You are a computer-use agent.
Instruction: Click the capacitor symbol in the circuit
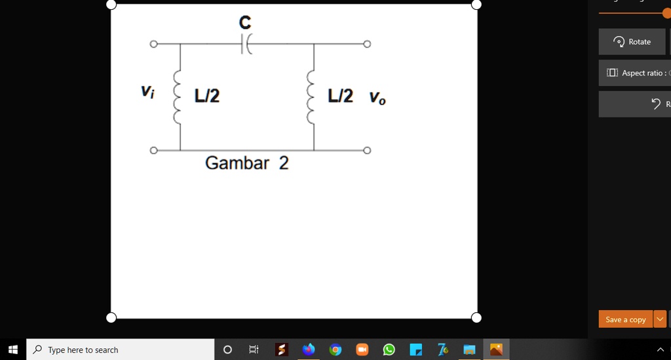click(x=246, y=44)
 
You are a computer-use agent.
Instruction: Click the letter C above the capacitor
click(x=245, y=22)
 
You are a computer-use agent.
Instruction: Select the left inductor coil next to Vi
click(x=178, y=97)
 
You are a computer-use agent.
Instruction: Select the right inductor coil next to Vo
click(x=311, y=97)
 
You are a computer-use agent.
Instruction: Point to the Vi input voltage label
click(x=147, y=92)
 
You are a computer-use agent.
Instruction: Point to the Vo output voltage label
click(x=377, y=98)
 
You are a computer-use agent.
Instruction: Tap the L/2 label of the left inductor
click(x=207, y=96)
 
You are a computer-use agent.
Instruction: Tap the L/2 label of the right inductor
click(x=341, y=96)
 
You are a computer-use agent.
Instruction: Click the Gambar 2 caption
click(x=247, y=163)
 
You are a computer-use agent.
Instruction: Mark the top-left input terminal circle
click(x=153, y=44)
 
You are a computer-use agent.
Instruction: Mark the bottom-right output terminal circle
click(x=367, y=150)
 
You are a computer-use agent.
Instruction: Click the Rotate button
click(x=632, y=41)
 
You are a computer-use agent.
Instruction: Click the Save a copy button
click(x=626, y=319)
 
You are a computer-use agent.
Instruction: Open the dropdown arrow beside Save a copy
click(x=660, y=319)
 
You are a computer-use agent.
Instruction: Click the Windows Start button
click(x=13, y=350)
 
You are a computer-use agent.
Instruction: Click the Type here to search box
click(x=121, y=350)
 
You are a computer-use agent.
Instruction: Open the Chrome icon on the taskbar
click(x=335, y=350)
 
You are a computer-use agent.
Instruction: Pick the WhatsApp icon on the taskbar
click(x=389, y=350)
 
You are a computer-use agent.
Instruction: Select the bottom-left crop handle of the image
click(x=111, y=317)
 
